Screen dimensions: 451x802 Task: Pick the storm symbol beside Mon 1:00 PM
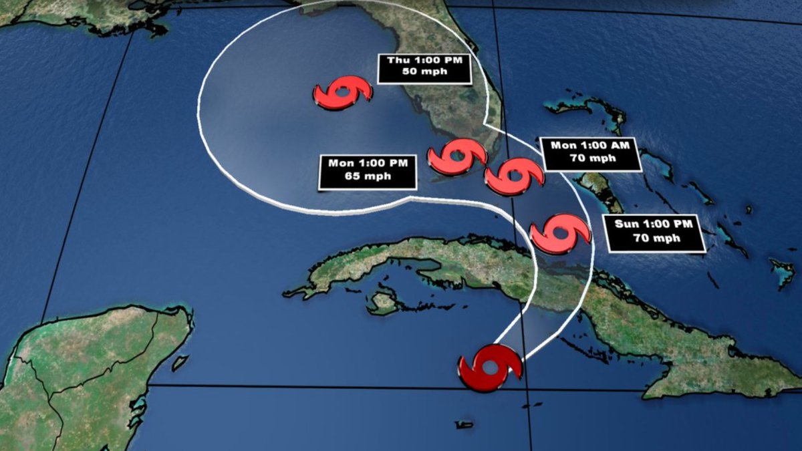click(x=457, y=157)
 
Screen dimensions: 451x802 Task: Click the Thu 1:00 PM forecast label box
click(x=424, y=68)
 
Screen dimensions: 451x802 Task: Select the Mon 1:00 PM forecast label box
click(x=367, y=172)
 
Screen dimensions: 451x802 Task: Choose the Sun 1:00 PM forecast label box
click(x=654, y=233)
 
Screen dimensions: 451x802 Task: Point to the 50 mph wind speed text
click(x=424, y=73)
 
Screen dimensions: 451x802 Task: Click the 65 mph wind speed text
click(x=367, y=178)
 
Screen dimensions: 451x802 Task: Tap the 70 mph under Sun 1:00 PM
click(x=654, y=239)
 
